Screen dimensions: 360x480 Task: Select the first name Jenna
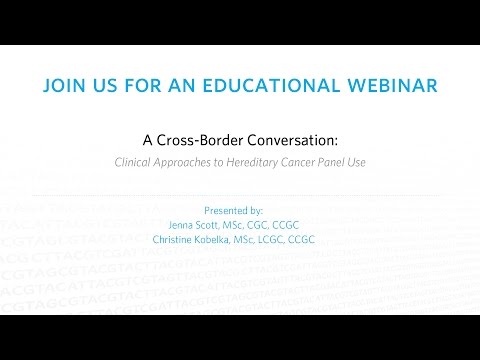[x=185, y=226]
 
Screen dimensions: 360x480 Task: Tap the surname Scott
[x=216, y=226]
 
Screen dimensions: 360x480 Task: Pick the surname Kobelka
[x=223, y=241]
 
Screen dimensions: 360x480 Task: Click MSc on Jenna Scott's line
[x=245, y=226]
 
